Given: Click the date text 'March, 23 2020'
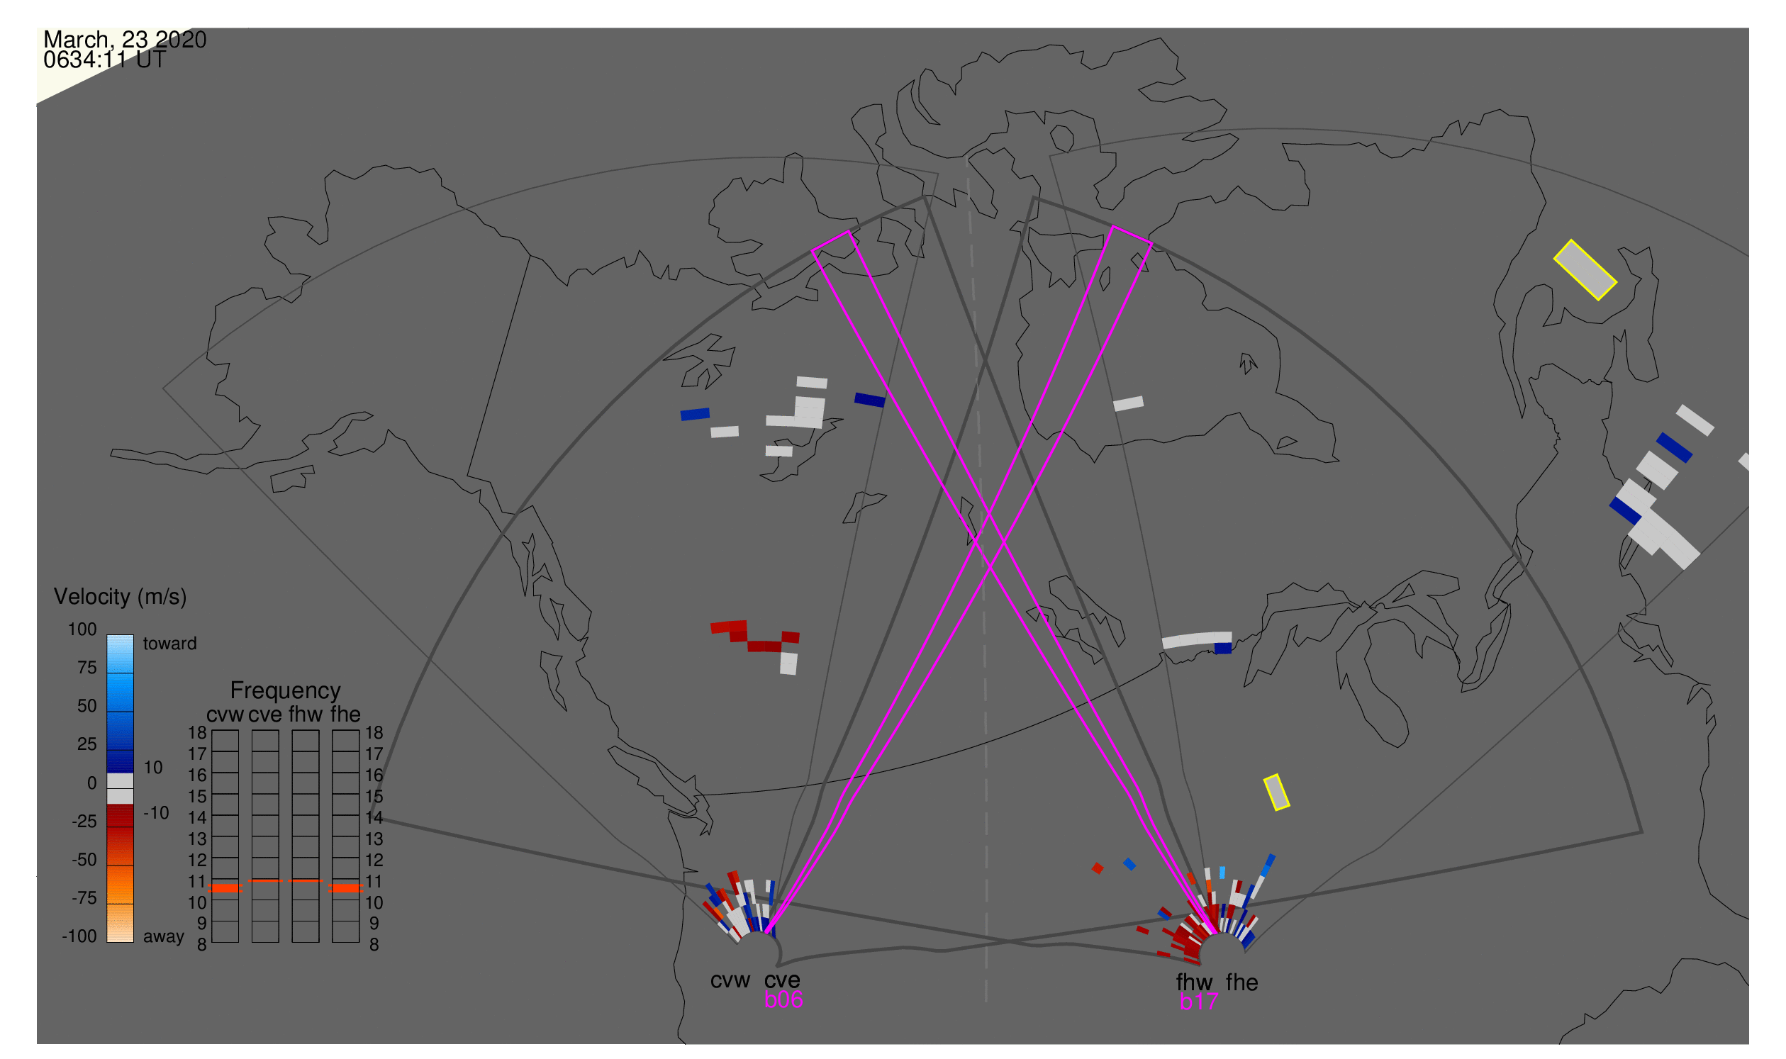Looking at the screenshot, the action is click(x=125, y=38).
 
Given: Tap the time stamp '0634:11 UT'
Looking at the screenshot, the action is click(x=104, y=60).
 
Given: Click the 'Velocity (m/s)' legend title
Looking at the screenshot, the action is click(x=121, y=598).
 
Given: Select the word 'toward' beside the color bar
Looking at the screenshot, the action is click(x=170, y=644).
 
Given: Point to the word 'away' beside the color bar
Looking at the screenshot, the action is click(x=164, y=937).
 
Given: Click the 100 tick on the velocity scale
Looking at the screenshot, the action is click(x=82, y=629).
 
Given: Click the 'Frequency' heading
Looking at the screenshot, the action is click(x=286, y=691).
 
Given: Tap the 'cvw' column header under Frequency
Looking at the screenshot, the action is click(x=225, y=715).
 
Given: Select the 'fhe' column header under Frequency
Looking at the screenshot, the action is click(x=345, y=715).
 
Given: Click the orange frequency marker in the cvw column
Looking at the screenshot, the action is click(x=225, y=888).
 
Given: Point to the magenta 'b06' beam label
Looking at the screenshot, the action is click(x=783, y=1000).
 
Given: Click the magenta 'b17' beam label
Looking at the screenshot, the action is click(x=1199, y=1002).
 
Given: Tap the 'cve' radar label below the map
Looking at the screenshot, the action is click(x=782, y=980).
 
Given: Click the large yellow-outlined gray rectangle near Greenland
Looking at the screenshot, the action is click(x=1585, y=271).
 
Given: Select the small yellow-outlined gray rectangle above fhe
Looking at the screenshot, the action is click(x=1277, y=792).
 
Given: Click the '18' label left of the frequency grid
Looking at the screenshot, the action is click(x=198, y=733).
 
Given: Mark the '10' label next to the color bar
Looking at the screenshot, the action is click(x=153, y=768).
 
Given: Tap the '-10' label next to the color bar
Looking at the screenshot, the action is click(x=156, y=814).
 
